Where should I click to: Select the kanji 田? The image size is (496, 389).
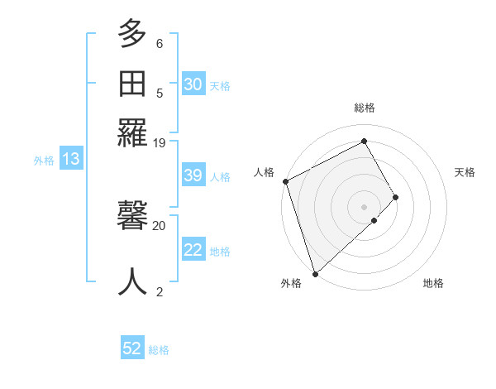click(x=132, y=84)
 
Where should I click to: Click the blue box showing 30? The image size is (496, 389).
click(x=193, y=84)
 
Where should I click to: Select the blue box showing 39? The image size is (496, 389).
click(x=193, y=176)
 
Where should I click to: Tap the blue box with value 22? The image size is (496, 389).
click(x=193, y=251)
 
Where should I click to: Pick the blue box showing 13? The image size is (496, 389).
click(x=71, y=160)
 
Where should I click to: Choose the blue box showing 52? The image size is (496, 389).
click(x=132, y=349)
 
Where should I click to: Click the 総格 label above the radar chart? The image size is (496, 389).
click(x=365, y=108)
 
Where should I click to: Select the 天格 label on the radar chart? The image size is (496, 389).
click(x=465, y=172)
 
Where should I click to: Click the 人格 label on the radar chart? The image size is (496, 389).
click(x=264, y=172)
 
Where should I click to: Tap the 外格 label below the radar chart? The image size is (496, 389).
click(x=291, y=283)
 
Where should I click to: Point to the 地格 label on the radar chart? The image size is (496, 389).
click(x=433, y=283)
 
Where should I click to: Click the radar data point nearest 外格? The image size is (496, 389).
click(x=315, y=273)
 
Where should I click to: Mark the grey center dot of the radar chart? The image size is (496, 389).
click(x=365, y=206)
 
